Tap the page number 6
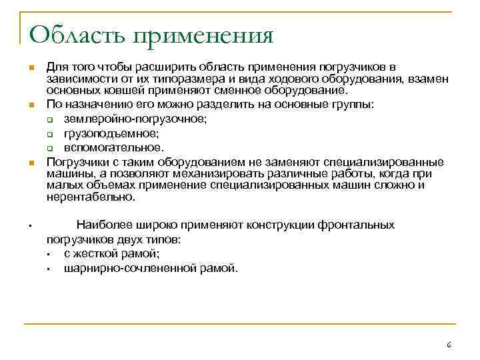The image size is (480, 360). [x=449, y=345]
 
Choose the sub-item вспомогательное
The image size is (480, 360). [x=113, y=147]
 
